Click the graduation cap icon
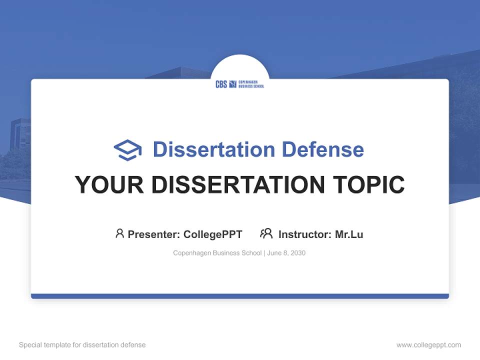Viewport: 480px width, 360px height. [127, 150]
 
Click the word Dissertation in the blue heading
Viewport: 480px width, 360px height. [214, 149]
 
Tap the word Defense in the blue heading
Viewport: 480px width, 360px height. [322, 149]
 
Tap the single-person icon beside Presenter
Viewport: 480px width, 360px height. [119, 233]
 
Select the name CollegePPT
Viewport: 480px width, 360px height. [213, 234]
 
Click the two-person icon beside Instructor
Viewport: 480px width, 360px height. [266, 233]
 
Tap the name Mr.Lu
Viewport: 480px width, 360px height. [349, 234]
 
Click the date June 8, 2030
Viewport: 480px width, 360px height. [286, 253]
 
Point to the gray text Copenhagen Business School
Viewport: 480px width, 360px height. [217, 253]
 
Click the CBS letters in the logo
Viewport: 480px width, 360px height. [221, 84]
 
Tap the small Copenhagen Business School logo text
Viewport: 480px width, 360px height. [251, 84]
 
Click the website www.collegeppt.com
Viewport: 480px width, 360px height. [428, 345]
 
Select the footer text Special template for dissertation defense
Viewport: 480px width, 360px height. [82, 345]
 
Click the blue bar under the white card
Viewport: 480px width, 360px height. [240, 296]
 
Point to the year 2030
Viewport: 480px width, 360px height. [298, 253]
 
